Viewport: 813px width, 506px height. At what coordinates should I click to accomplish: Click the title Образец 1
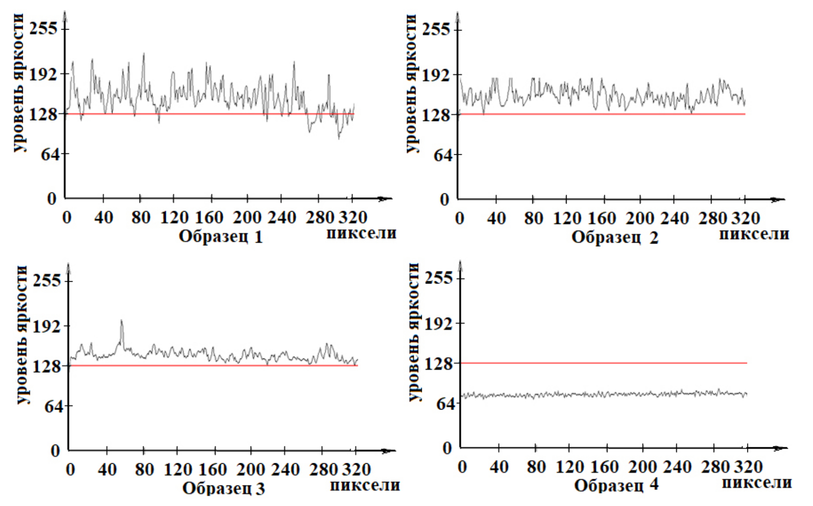click(x=221, y=237)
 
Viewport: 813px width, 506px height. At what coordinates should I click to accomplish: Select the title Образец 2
click(x=614, y=238)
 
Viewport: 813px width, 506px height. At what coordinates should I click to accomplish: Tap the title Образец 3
click(x=223, y=488)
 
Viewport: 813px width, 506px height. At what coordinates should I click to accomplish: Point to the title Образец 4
click(x=616, y=486)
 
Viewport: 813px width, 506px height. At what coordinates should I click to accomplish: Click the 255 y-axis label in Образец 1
click(x=44, y=28)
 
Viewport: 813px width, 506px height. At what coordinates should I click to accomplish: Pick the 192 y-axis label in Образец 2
click(x=436, y=74)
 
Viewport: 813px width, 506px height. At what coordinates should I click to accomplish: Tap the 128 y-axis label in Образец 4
click(x=439, y=364)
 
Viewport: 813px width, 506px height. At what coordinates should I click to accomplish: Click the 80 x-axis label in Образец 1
click(x=141, y=218)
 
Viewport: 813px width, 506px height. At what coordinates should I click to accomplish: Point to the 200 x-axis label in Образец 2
click(x=639, y=219)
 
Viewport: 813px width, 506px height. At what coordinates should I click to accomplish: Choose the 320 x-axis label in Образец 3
click(x=356, y=470)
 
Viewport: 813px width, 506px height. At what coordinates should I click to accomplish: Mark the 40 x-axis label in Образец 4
click(x=499, y=467)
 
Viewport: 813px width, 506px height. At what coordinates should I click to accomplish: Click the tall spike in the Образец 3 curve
click(x=122, y=321)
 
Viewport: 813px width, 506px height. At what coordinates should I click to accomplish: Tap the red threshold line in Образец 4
click(x=601, y=363)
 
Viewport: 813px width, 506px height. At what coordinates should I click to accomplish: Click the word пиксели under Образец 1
click(x=361, y=233)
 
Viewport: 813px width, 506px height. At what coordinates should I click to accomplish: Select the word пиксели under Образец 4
click(x=757, y=483)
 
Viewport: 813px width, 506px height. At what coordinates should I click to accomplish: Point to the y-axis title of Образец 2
click(x=411, y=84)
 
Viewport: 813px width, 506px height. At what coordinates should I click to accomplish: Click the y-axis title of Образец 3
click(x=22, y=335)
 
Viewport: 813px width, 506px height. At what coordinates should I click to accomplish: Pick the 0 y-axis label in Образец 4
click(x=447, y=448)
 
